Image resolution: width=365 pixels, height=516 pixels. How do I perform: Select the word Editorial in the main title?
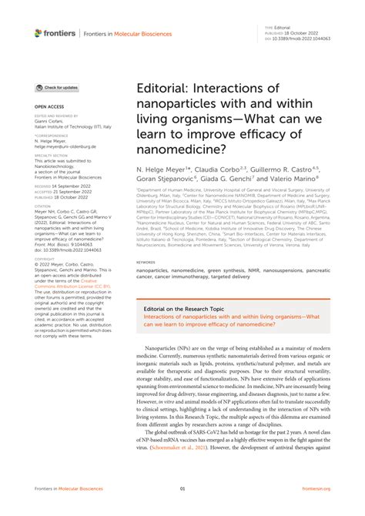[x=164, y=92]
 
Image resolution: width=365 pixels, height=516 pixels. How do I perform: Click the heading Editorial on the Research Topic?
[x=186, y=307]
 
